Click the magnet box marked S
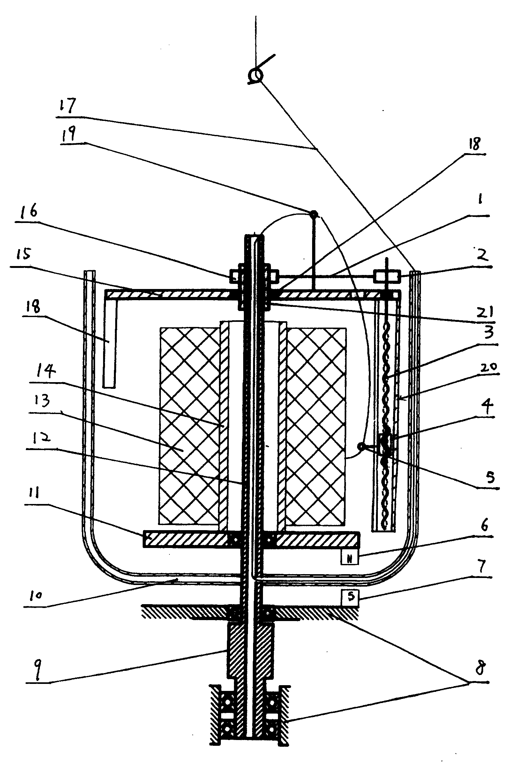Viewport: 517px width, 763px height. [x=350, y=597]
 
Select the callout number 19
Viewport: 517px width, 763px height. [x=69, y=133]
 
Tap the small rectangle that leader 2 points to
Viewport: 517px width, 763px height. [x=387, y=276]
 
